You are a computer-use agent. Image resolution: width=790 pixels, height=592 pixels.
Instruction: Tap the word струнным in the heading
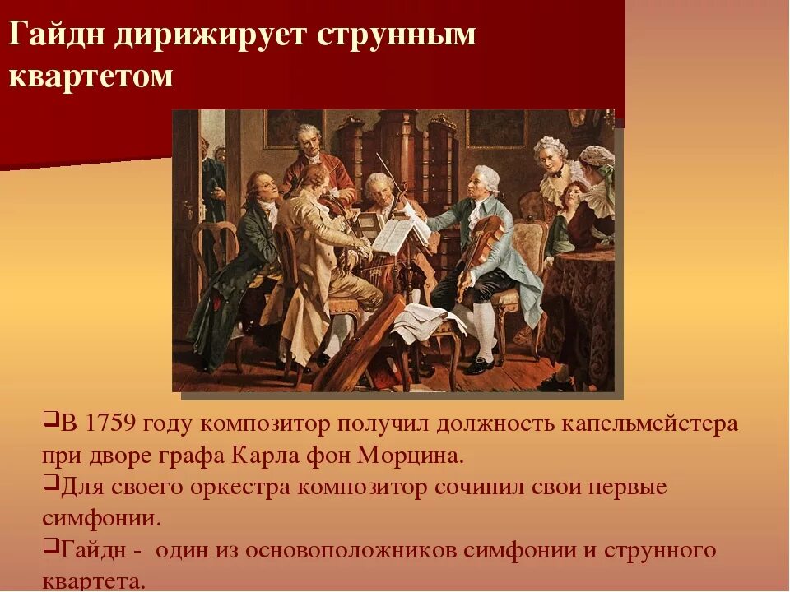pyautogui.click(x=385, y=37)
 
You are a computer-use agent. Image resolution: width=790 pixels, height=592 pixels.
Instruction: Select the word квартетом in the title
pyautogui.click(x=91, y=76)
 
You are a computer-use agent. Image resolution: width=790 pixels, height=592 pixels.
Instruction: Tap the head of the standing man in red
pyautogui.click(x=309, y=141)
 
